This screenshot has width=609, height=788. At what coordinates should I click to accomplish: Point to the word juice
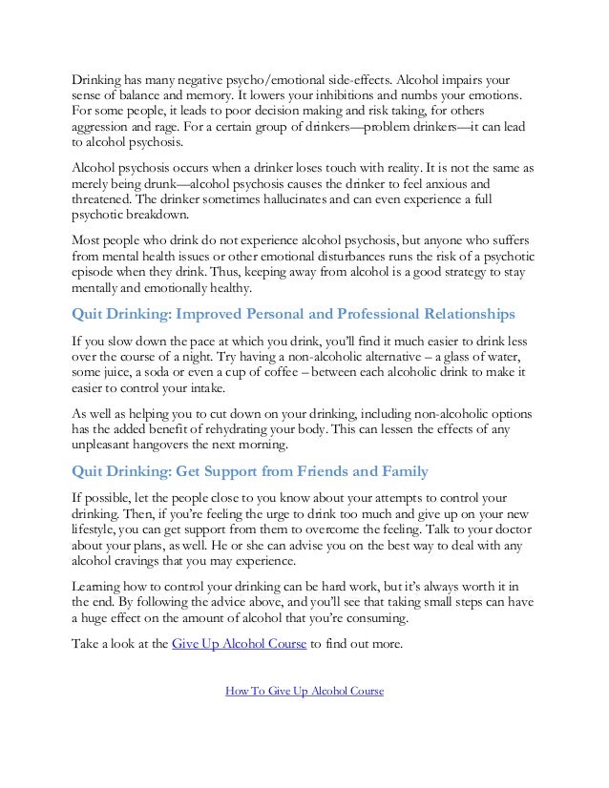point(127,372)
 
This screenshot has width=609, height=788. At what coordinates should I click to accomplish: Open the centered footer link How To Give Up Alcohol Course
point(304,691)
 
